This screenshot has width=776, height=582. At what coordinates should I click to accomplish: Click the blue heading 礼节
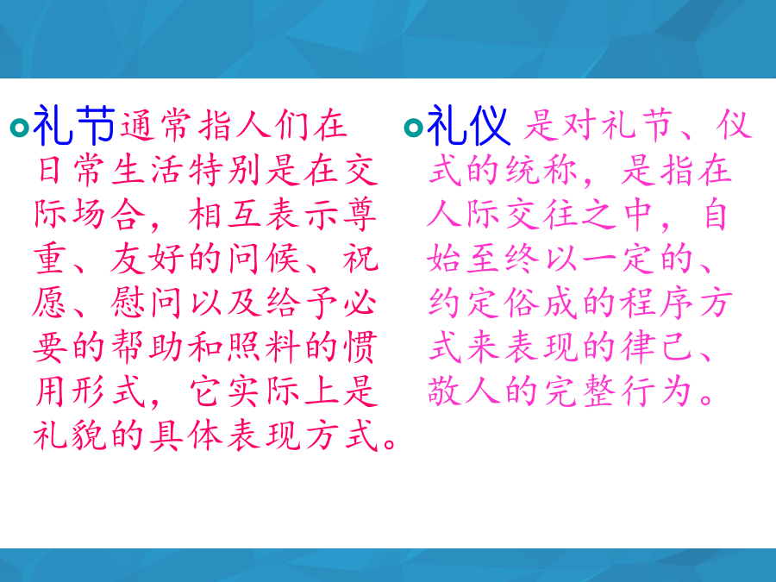(x=74, y=125)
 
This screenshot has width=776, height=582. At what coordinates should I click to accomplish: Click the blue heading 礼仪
(x=468, y=125)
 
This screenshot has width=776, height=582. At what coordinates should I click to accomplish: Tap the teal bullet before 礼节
(x=20, y=128)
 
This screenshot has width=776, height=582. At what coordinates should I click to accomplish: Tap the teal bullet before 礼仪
(x=414, y=128)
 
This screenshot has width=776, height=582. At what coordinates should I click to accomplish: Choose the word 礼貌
(x=70, y=435)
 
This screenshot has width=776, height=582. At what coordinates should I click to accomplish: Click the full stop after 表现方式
(x=390, y=443)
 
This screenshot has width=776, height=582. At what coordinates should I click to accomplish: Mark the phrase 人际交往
(x=503, y=215)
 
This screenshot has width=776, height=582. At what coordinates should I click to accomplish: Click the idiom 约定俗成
(x=503, y=303)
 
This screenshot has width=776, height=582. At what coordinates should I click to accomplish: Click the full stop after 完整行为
(x=706, y=398)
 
